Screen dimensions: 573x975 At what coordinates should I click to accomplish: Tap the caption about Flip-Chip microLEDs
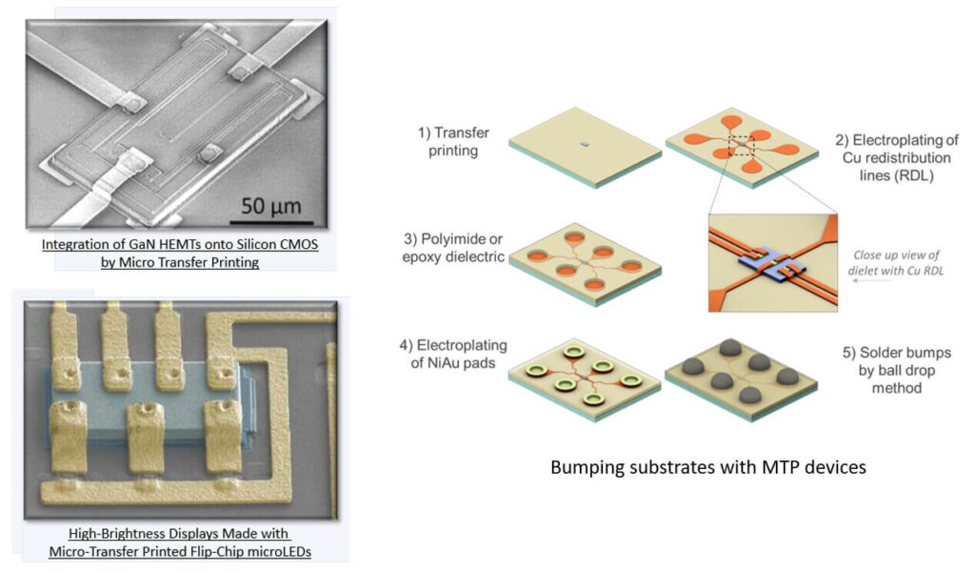[x=180, y=542]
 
